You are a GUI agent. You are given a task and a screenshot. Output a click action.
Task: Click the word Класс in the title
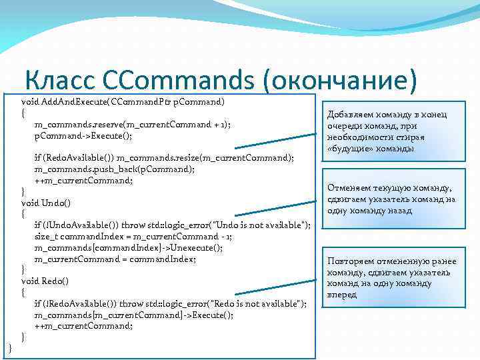(61, 80)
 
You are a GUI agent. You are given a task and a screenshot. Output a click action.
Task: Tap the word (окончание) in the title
(340, 80)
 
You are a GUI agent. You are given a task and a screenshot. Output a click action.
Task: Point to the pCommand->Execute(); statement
(83, 135)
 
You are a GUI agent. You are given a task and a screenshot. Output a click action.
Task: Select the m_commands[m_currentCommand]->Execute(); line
(133, 315)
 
